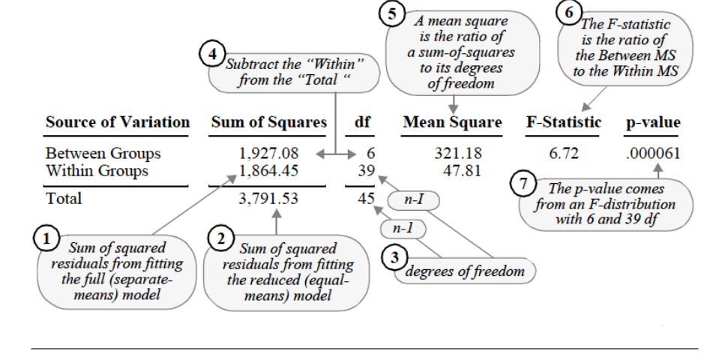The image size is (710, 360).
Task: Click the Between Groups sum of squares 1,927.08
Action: (x=268, y=154)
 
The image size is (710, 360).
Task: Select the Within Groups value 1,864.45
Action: (x=268, y=171)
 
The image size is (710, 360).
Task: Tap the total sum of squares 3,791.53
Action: (x=268, y=198)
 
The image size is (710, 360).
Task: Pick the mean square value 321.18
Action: (x=458, y=154)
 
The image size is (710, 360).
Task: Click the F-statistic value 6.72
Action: (x=564, y=154)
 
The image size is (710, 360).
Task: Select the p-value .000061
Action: (x=653, y=154)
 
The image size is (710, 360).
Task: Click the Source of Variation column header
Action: (x=118, y=122)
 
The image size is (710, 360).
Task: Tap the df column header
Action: (x=363, y=122)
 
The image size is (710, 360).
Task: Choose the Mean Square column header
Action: (x=452, y=122)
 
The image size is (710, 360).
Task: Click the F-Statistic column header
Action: (x=564, y=122)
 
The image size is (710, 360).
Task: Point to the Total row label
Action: (x=64, y=198)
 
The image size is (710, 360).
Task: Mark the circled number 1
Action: (x=46, y=238)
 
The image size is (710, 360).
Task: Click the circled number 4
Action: (x=212, y=54)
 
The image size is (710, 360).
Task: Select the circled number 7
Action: (x=523, y=184)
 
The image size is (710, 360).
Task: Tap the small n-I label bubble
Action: (x=413, y=200)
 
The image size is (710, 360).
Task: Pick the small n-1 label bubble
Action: (x=403, y=229)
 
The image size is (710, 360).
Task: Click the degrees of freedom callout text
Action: (x=465, y=271)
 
